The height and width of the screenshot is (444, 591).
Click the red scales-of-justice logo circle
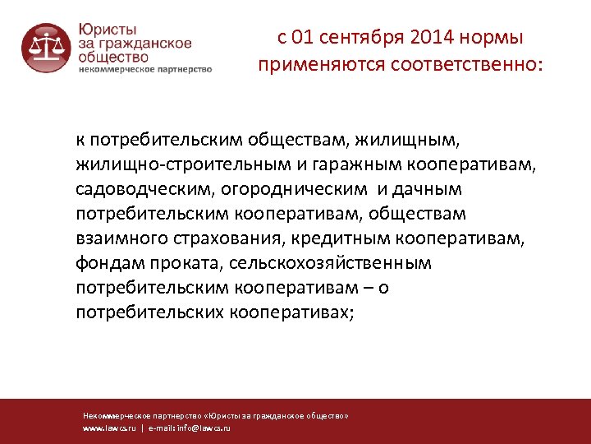(46, 48)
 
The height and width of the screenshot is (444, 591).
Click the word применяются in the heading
(311, 63)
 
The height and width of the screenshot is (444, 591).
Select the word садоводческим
(144, 190)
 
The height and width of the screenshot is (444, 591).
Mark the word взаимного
(117, 239)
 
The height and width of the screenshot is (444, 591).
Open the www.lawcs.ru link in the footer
(108, 428)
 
